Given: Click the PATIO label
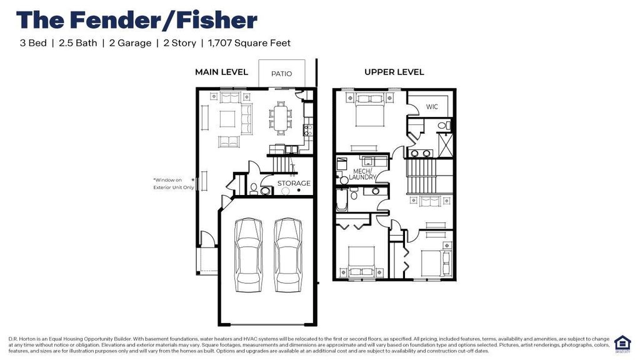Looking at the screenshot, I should [281, 74].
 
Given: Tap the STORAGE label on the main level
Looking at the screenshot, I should [294, 184].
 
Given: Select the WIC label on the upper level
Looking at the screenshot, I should [432, 107].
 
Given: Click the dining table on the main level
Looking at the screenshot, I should [281, 117].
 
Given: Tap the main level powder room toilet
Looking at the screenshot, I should [254, 189].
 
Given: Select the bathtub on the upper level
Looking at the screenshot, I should [342, 199].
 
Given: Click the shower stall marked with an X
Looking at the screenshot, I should [444, 145].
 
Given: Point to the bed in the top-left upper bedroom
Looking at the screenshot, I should [366, 111].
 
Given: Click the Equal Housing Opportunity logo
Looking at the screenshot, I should [622, 343].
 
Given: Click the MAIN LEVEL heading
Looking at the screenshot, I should [221, 72].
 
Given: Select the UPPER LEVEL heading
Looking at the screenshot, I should [394, 72].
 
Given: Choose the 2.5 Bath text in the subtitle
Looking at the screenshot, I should [77, 43].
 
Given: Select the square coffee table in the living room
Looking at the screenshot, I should [227, 117].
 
